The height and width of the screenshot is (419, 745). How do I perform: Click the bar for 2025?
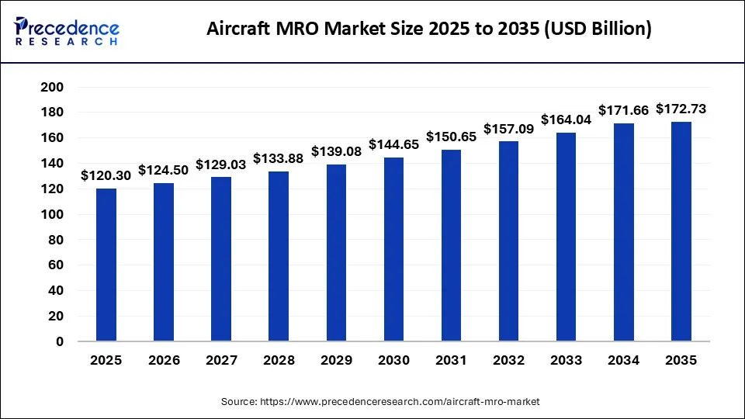pyautogui.click(x=106, y=265)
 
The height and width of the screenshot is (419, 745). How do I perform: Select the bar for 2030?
pyautogui.click(x=393, y=249)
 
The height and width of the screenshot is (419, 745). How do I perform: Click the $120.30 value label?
pyautogui.click(x=106, y=176)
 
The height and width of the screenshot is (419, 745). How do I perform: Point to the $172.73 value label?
pyautogui.click(x=681, y=109)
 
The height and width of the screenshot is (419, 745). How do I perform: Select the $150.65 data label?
pyautogui.click(x=451, y=137)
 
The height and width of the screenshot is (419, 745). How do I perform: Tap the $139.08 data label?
pyautogui.click(x=336, y=151)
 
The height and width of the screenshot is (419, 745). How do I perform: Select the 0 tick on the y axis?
pyautogui.click(x=59, y=341)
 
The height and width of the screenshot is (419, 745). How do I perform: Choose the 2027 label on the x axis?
pyautogui.click(x=221, y=360)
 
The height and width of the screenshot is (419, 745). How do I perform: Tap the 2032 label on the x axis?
pyautogui.click(x=508, y=360)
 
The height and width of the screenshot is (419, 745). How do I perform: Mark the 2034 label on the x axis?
pyautogui.click(x=623, y=360)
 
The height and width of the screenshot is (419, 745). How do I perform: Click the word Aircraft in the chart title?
pyautogui.click(x=240, y=29)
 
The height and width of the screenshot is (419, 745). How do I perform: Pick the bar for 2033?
pyautogui.click(x=566, y=237)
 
